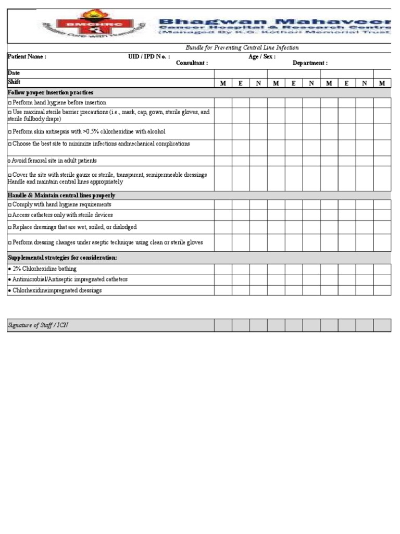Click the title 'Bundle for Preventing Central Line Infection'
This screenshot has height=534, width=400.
click(242, 47)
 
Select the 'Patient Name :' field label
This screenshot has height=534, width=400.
click(27, 57)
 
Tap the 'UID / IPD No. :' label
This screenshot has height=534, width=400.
click(149, 57)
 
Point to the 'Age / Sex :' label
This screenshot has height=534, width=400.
click(262, 57)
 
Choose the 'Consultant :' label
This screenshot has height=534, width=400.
click(192, 63)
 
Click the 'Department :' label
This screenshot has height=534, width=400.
click(310, 63)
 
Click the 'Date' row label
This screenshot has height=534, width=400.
click(14, 74)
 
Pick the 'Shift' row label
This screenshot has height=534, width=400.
click(14, 82)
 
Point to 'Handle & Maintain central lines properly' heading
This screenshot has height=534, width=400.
click(61, 195)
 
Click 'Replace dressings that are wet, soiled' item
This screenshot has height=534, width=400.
click(72, 227)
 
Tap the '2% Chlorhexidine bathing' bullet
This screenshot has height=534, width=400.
click(42, 269)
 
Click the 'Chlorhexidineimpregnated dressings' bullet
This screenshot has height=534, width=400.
click(55, 290)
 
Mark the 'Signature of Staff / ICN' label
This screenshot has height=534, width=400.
click(37, 325)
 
